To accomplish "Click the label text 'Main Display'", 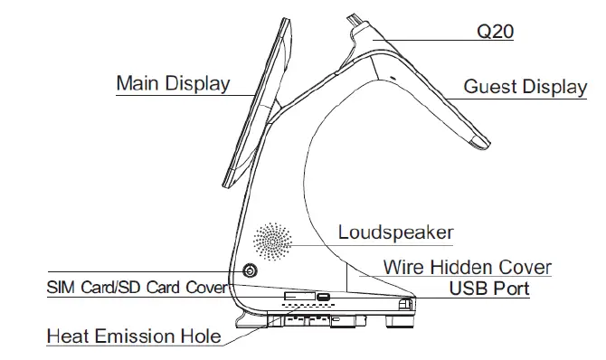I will pyautogui.click(x=173, y=83).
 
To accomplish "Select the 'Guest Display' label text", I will pyautogui.click(x=526, y=87).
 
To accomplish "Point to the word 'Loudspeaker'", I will pyautogui.click(x=395, y=232).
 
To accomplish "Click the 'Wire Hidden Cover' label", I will pyautogui.click(x=467, y=268).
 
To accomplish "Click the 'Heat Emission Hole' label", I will pyautogui.click(x=134, y=336).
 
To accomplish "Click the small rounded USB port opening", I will pyautogui.click(x=323, y=296).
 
